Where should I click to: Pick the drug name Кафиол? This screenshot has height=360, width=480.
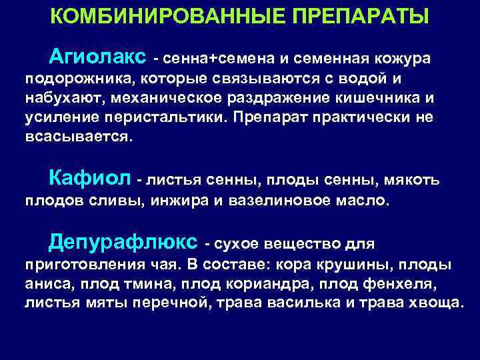pyautogui.click(x=89, y=179)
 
